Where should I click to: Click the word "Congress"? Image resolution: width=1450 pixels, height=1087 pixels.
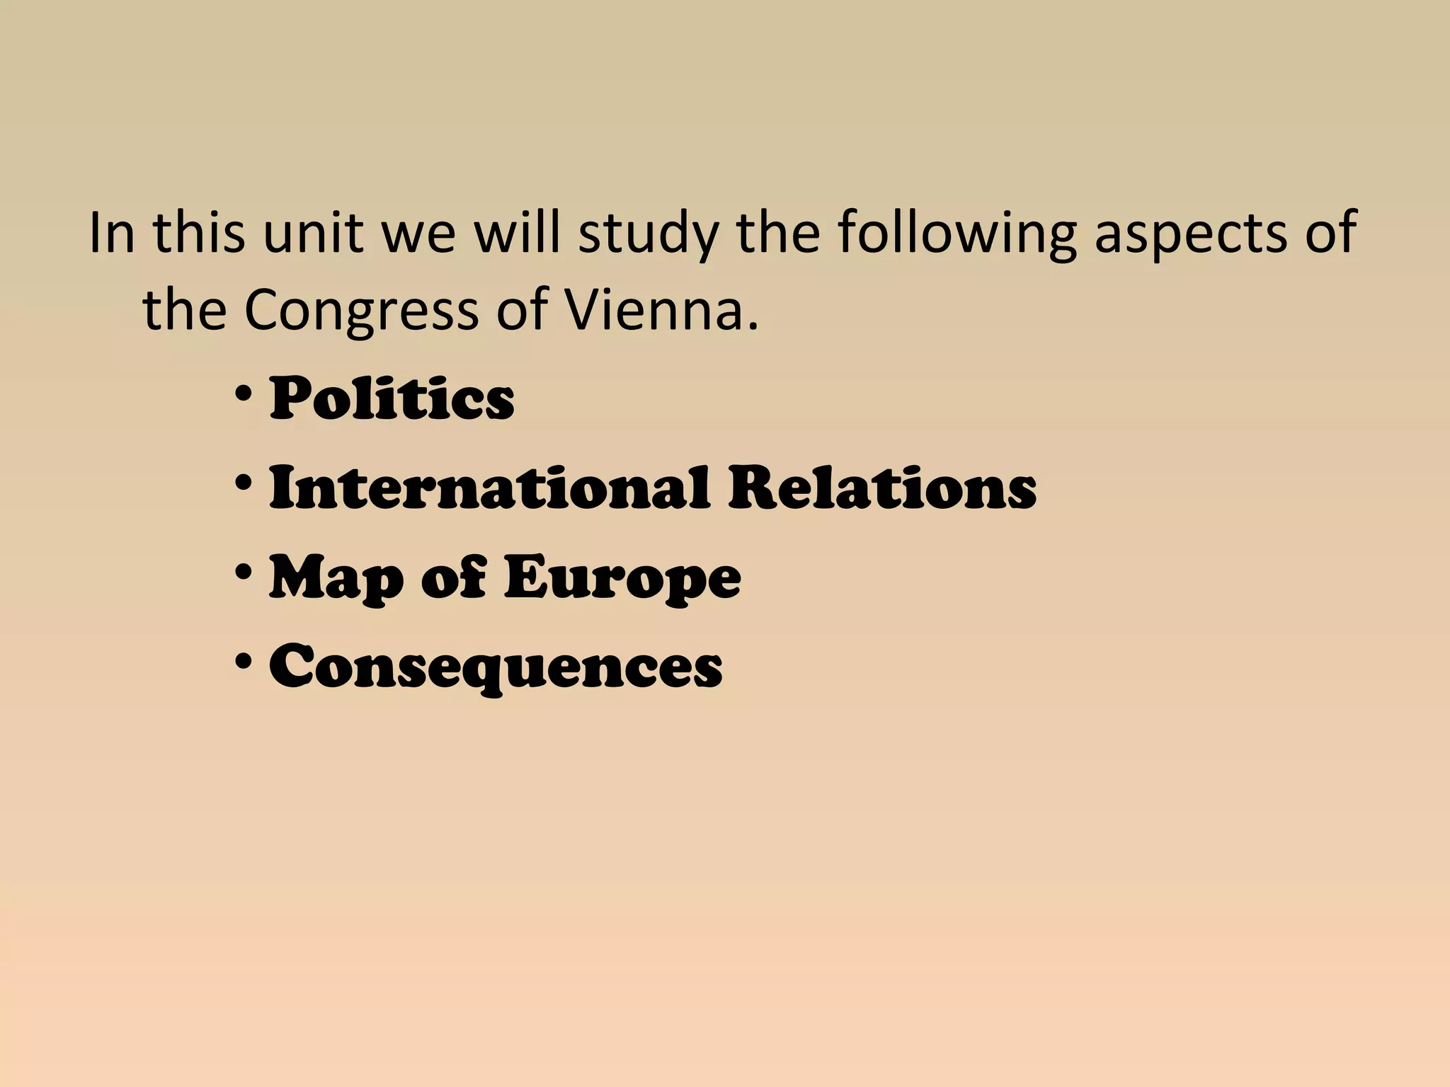[362, 311]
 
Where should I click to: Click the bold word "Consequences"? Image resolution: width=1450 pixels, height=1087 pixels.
[496, 667]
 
